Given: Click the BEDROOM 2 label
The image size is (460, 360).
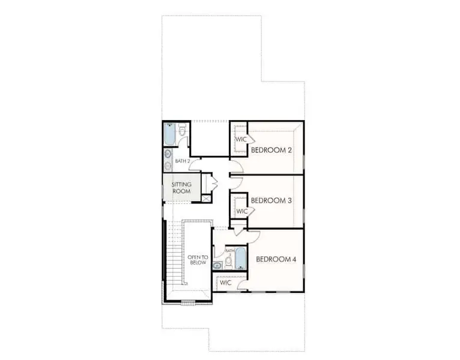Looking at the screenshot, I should pos(271,149).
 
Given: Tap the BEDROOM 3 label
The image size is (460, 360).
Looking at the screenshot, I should pos(271,200).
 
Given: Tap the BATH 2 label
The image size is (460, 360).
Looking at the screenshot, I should pos(183,161).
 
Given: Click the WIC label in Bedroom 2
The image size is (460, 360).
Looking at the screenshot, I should pos(241,140).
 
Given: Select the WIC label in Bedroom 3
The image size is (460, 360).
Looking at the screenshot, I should pos(242,211).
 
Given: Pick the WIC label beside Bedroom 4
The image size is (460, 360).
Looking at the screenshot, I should pos(226,283).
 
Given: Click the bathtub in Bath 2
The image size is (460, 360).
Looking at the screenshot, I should pos(169,134).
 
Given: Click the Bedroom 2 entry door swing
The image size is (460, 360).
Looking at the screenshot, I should pos(235,164).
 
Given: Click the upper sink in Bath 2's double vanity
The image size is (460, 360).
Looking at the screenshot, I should pos(168,154).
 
